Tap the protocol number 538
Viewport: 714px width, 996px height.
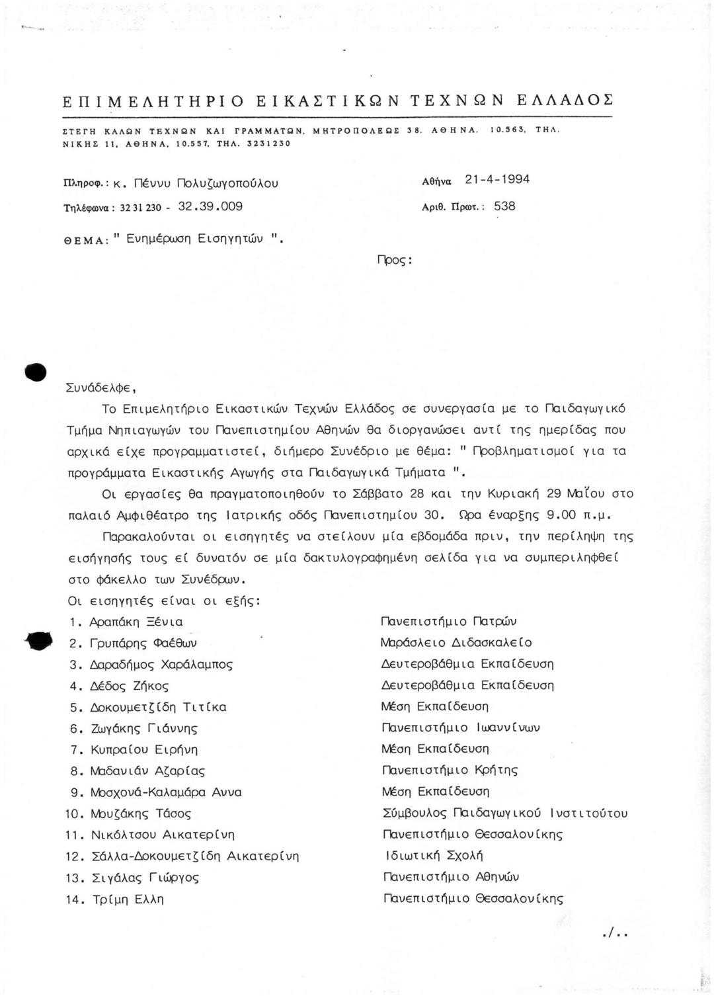[x=504, y=206]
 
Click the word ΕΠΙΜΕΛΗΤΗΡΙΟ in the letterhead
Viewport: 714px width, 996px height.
[x=153, y=101]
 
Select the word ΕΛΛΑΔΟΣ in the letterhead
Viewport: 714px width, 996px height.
[x=565, y=101]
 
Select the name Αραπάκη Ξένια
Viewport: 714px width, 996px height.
[x=136, y=622]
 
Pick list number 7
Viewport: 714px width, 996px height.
[x=75, y=750]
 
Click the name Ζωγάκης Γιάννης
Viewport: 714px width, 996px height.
[x=143, y=729]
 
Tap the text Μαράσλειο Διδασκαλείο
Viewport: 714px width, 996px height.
[x=456, y=643]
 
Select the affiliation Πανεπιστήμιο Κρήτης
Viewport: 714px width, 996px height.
[x=450, y=770]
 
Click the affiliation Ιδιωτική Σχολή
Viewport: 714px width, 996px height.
[x=434, y=856]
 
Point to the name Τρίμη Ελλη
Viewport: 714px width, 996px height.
[x=127, y=899]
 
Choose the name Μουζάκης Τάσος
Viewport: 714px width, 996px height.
[x=140, y=814]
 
